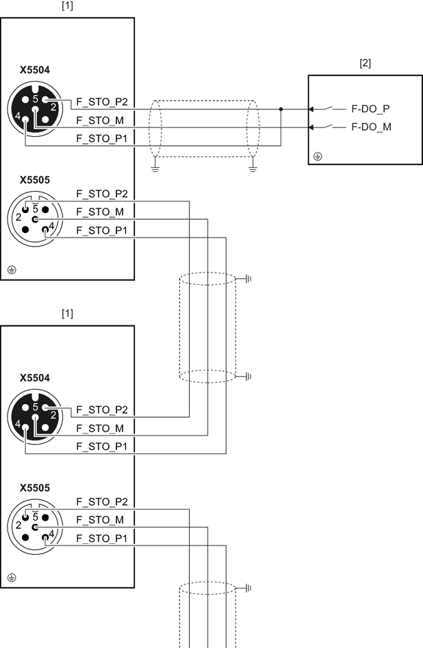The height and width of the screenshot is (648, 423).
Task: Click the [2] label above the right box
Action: [x=365, y=63]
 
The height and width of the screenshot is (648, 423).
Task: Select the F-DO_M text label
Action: [x=371, y=127]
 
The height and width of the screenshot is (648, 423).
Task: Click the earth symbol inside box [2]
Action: [x=318, y=157]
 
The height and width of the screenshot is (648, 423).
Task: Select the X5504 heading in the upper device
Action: [x=36, y=70]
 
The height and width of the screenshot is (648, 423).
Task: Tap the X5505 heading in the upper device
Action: [x=36, y=180]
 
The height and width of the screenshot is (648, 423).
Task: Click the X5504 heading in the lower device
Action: [x=36, y=377]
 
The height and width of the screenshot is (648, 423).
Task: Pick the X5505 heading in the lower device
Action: [x=36, y=488]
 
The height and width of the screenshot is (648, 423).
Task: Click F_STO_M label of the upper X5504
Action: [x=100, y=121]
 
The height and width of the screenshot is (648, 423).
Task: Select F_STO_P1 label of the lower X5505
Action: [x=102, y=538]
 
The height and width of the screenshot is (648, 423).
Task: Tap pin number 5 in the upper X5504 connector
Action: [x=35, y=99]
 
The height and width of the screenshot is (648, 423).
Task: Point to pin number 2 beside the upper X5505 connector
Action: [x=18, y=217]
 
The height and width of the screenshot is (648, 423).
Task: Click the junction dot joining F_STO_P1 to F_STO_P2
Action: [x=281, y=108]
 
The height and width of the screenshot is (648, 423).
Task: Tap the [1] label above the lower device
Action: [x=67, y=313]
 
